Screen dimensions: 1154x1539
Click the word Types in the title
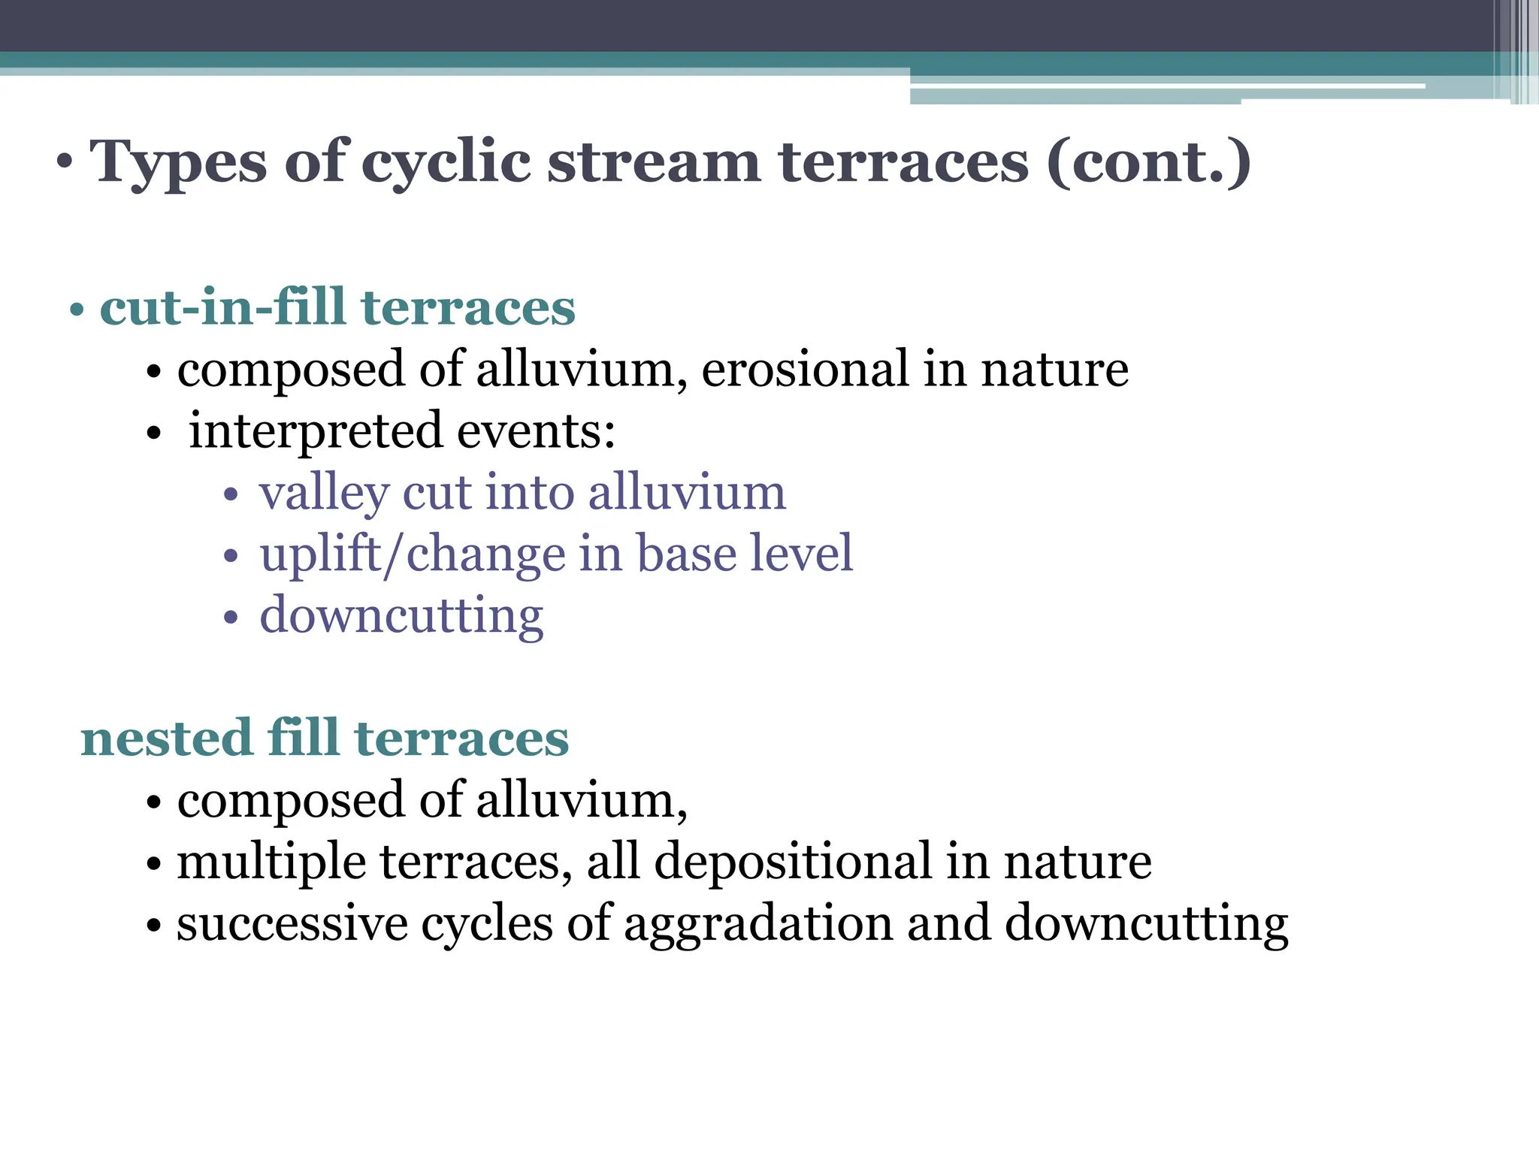pos(178,162)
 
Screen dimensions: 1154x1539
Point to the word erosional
pos(805,369)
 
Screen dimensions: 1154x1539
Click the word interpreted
pos(315,430)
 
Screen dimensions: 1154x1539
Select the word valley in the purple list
pos(324,494)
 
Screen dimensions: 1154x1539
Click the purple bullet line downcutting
pos(401,616)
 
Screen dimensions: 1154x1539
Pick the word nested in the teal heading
pos(166,738)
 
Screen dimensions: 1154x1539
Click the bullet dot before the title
pos(65,162)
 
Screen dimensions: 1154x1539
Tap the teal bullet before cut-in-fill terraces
pos(76,310)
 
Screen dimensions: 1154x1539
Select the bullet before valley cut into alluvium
pos(231,495)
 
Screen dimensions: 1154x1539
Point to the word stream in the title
pos(653,162)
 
